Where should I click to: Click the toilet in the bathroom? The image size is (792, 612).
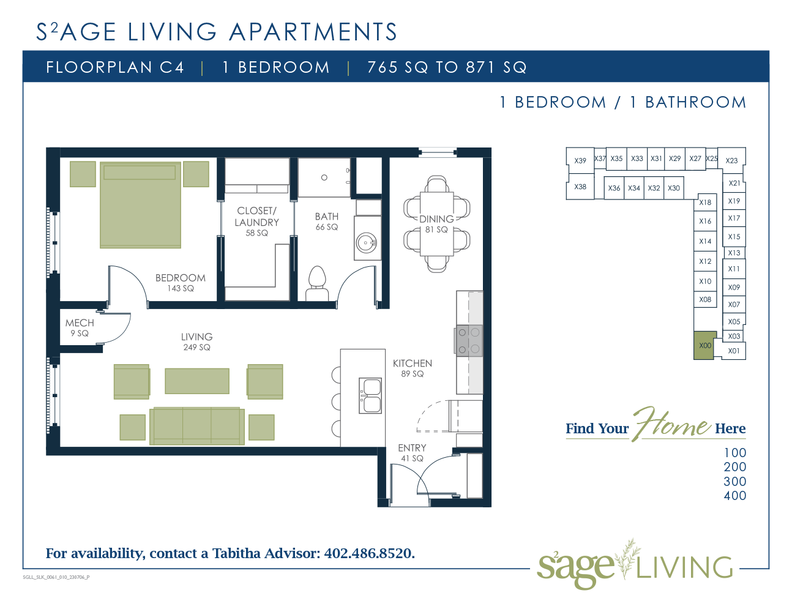[x=317, y=283]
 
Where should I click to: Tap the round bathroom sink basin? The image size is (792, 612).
[x=366, y=242]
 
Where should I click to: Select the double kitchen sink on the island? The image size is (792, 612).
[x=370, y=395]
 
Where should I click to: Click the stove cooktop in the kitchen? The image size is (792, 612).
[x=469, y=341]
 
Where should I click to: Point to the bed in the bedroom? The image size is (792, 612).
[x=140, y=205]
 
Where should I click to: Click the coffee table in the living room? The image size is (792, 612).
[x=197, y=381]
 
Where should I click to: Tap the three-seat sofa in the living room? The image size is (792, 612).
[x=197, y=426]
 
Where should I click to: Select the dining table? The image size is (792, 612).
[x=436, y=224]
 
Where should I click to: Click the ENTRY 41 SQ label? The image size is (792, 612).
[x=412, y=453]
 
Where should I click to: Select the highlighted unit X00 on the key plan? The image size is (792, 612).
[x=704, y=345]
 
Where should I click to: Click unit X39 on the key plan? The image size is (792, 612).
[x=580, y=160]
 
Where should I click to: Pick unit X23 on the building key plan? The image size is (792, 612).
[x=731, y=160]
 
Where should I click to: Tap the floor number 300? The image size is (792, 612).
[x=735, y=482]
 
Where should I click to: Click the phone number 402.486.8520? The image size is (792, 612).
[x=369, y=553]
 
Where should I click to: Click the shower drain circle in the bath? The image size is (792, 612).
[x=324, y=177]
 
